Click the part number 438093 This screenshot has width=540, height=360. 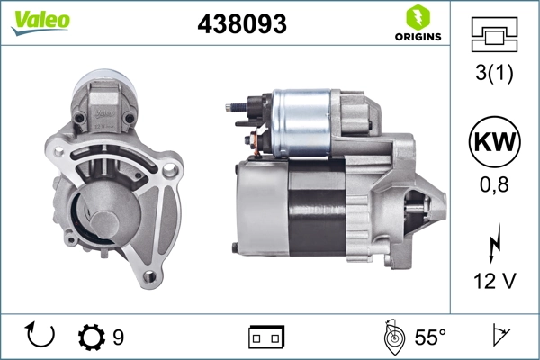click(241, 25)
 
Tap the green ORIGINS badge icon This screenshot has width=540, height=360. click(416, 17)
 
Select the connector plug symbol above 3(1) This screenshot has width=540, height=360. click(492, 38)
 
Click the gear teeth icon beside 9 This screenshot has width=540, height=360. click(92, 337)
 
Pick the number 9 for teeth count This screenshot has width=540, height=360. click(118, 337)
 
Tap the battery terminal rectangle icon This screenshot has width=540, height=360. click(265, 337)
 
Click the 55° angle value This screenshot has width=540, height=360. click(429, 337)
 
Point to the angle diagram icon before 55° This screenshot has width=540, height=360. click(391, 336)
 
